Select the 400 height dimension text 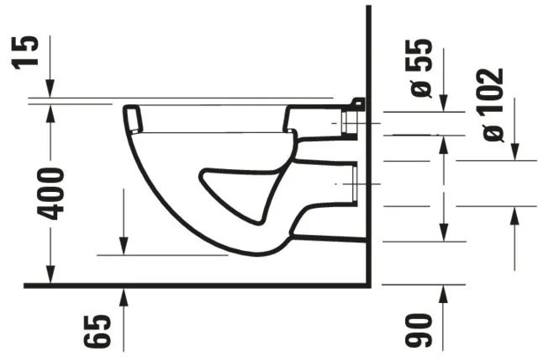point(51,193)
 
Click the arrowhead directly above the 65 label point(124,295)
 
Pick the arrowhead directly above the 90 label point(444,295)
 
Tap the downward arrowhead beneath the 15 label point(50,89)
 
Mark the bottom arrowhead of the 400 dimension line point(50,276)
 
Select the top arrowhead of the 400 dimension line point(50,108)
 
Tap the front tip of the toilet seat point(131,113)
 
